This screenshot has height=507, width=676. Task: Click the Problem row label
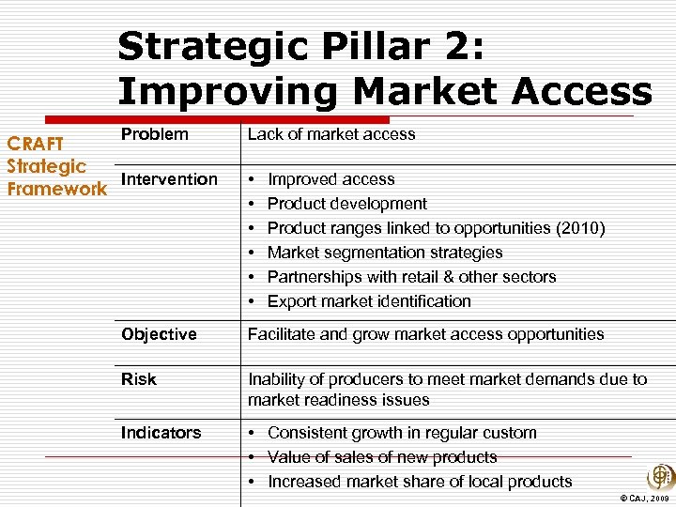point(155,134)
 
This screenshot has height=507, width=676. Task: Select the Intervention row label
point(169,179)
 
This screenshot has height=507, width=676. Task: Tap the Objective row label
point(159,334)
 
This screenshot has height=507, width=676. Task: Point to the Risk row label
point(139,379)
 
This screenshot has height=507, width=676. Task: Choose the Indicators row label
point(161,433)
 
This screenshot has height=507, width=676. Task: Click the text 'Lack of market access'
point(330,134)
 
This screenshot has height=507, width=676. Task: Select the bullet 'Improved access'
point(330,179)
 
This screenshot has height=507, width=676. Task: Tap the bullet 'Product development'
point(346,204)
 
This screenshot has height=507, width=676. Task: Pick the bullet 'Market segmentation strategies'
point(385,253)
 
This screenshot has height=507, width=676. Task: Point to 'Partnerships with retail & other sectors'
point(411,277)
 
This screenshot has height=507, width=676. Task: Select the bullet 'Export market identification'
point(369,301)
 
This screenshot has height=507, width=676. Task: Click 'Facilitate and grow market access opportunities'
point(425,334)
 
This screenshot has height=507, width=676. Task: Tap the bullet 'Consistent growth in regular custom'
point(402,433)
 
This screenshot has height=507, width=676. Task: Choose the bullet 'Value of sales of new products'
point(382,457)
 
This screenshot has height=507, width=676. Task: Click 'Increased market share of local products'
point(419,482)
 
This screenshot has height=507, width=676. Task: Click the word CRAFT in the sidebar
point(36,144)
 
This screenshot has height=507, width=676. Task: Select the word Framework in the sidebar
point(56,189)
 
